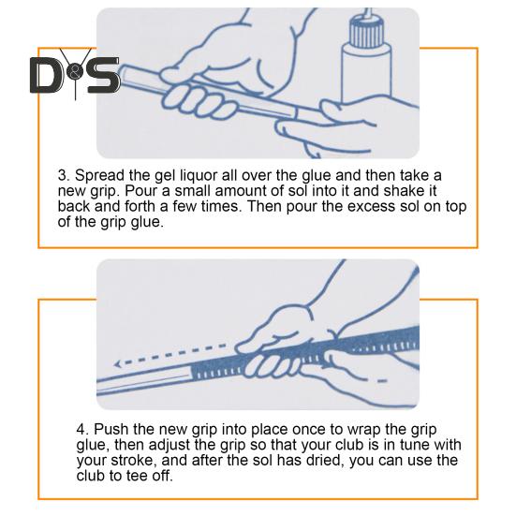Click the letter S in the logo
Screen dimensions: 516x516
click(x=102, y=75)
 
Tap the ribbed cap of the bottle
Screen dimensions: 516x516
click(x=366, y=32)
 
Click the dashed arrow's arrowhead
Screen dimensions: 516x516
click(x=118, y=363)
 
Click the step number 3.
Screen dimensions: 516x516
click(x=64, y=175)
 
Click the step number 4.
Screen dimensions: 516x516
click(x=82, y=430)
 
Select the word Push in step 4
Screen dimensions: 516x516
click(x=111, y=430)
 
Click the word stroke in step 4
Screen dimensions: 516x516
click(x=133, y=461)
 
